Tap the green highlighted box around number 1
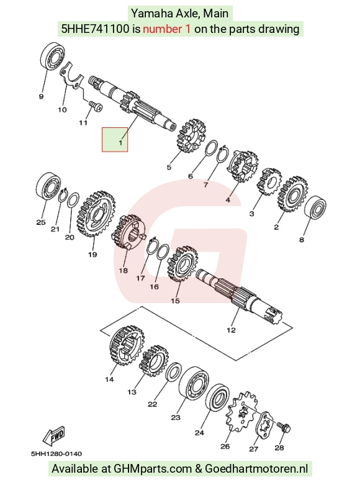point(115,140)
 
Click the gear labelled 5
point(191,135)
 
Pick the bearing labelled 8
point(315,208)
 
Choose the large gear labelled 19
point(96,214)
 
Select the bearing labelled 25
point(48,186)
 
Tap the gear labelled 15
point(182,264)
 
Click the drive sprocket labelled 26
point(241,412)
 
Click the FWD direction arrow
point(55,436)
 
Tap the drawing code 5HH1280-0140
point(56,453)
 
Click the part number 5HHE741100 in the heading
point(96,29)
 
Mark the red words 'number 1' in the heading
point(166,29)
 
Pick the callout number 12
point(231,330)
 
